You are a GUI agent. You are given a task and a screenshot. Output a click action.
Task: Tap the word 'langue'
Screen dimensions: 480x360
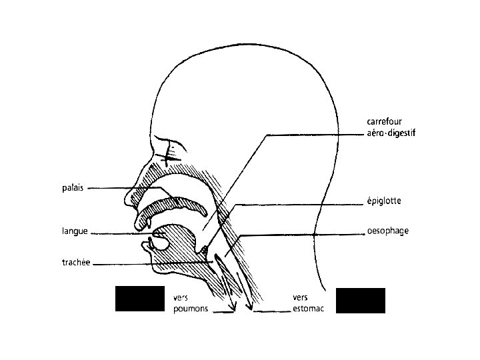[75, 232]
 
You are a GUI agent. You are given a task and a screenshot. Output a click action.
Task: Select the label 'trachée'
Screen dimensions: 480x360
[77, 263]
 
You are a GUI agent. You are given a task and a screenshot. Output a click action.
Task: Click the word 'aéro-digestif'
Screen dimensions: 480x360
[391, 133]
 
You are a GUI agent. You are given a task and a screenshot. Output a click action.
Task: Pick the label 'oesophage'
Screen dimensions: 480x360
[387, 231]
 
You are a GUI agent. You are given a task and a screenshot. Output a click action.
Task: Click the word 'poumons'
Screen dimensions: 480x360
[190, 309]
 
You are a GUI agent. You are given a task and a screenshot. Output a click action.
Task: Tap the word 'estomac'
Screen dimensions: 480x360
[308, 309]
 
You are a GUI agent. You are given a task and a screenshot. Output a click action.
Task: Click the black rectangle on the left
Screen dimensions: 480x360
[139, 299]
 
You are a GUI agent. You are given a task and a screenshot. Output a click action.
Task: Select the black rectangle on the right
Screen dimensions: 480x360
[361, 300]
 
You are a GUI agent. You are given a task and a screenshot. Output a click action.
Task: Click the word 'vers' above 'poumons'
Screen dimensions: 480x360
[179, 297]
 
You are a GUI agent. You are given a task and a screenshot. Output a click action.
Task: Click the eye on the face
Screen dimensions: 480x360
[171, 154]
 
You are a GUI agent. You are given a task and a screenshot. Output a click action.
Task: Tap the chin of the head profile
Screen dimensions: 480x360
[155, 270]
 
